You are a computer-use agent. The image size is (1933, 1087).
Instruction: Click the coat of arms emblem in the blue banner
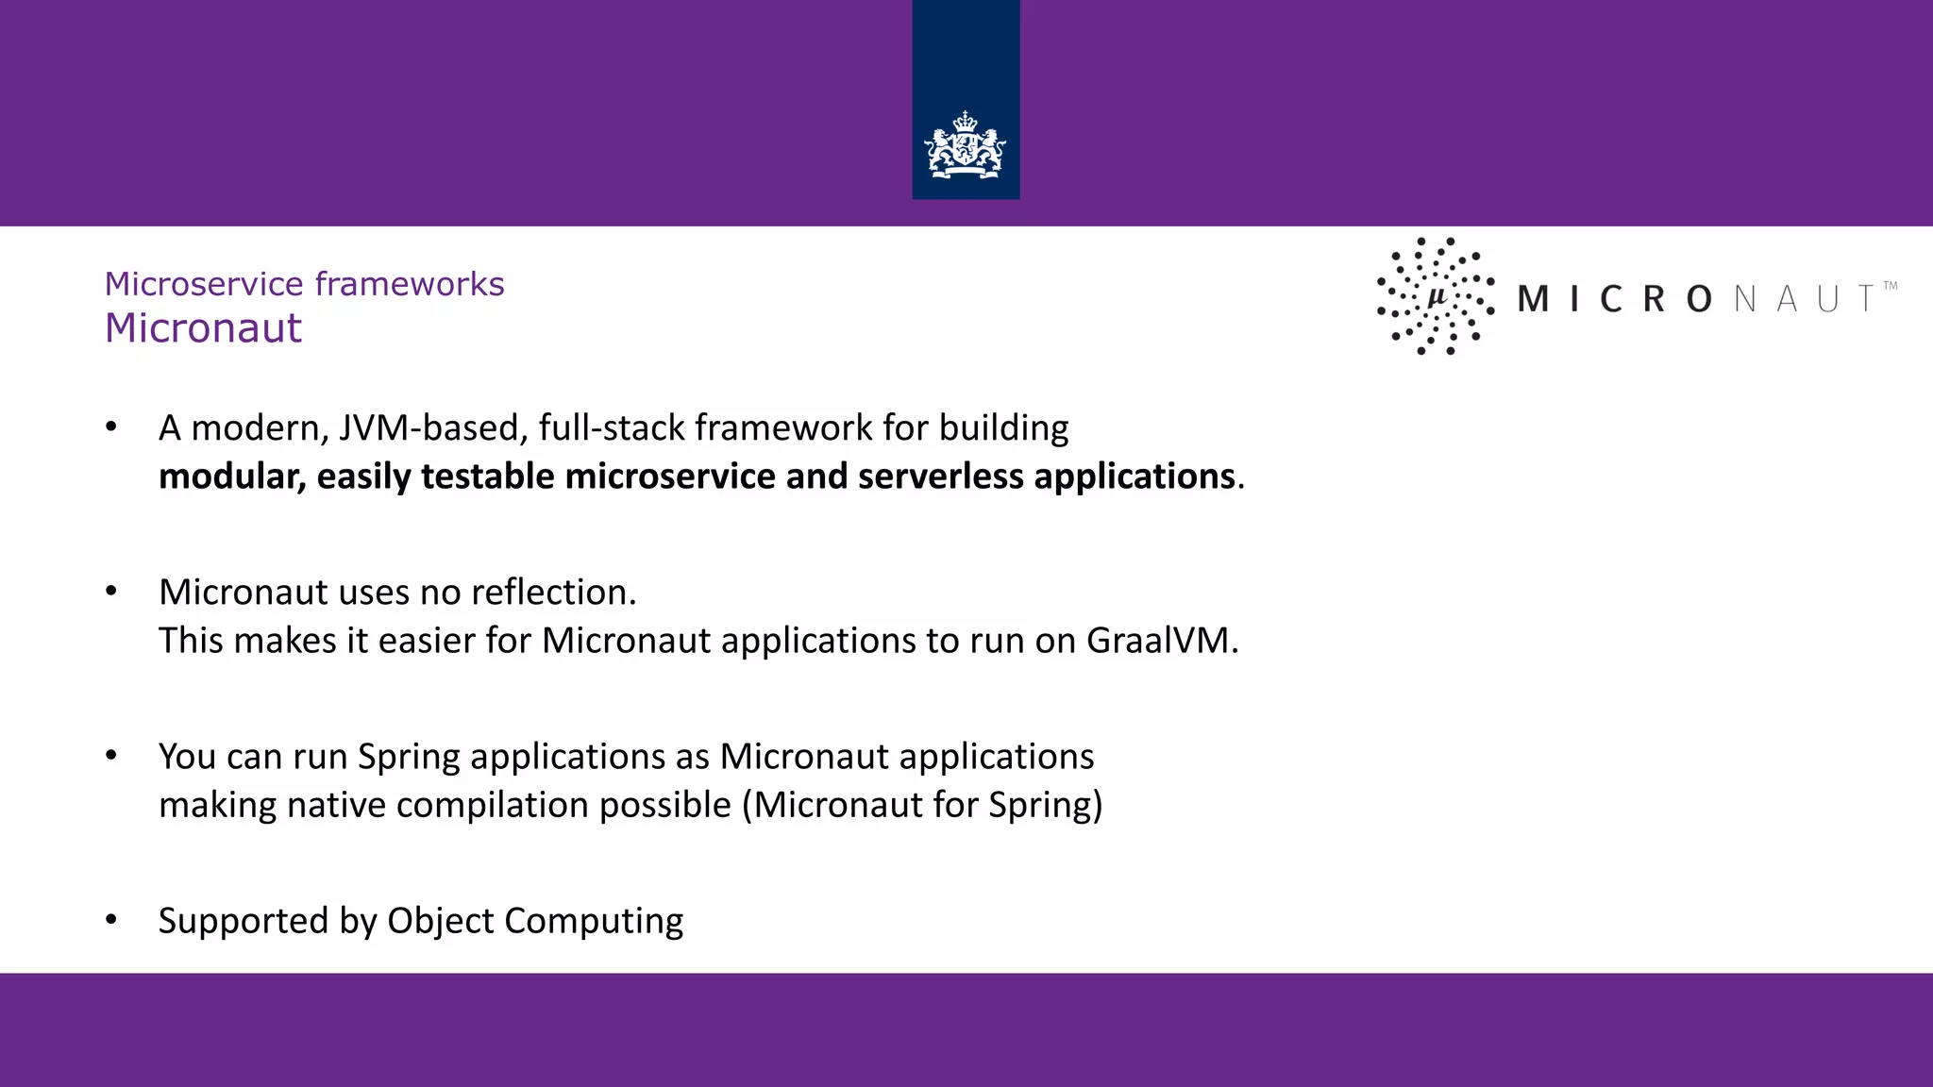coord(965,146)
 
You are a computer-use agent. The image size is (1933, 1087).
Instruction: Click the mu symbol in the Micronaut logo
coord(1437,297)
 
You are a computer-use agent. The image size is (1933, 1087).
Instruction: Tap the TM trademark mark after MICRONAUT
coord(1890,285)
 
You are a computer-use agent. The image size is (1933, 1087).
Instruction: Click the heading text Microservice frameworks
coord(304,283)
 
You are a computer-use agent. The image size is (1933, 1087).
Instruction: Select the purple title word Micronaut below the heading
coord(203,328)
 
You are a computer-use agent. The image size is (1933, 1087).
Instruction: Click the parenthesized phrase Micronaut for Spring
coord(921,805)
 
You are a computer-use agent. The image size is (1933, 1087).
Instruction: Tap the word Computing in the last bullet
coord(594,921)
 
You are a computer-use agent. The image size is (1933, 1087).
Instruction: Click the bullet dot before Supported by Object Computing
coord(111,920)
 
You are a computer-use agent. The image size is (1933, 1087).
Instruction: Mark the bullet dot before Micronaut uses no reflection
coord(111,592)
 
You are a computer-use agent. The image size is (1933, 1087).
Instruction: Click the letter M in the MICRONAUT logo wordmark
coord(1532,299)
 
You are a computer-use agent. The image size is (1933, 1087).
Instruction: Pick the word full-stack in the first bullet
coord(611,428)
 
